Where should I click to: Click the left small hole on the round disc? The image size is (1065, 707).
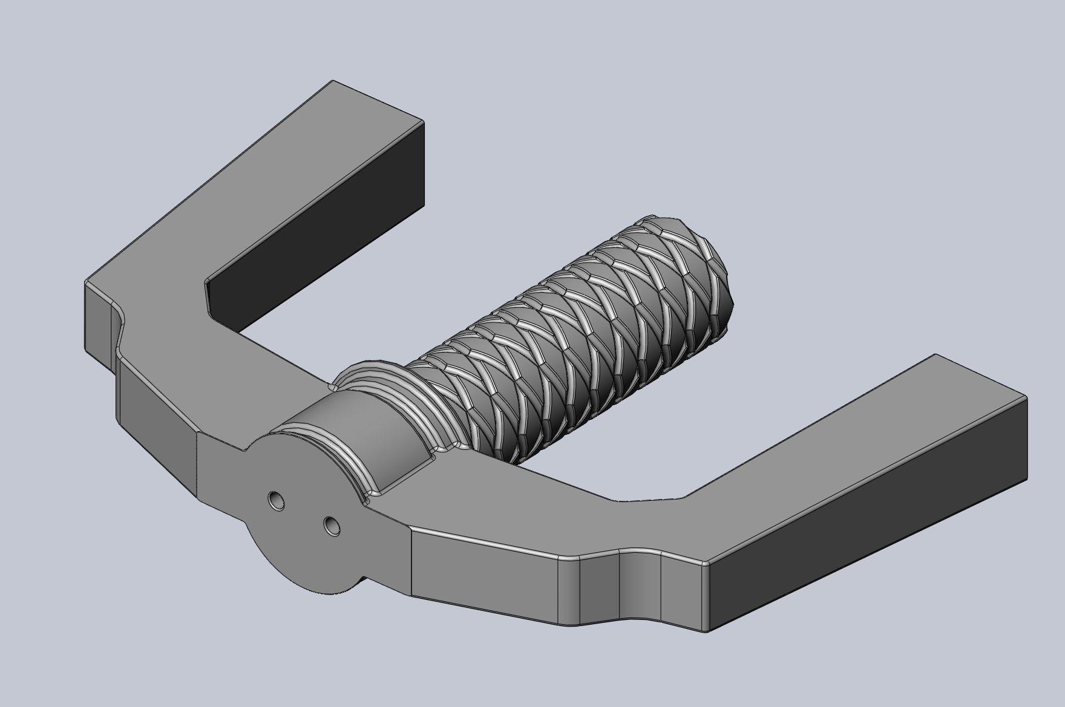point(277,500)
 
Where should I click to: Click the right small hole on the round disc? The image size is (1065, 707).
point(330,525)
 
